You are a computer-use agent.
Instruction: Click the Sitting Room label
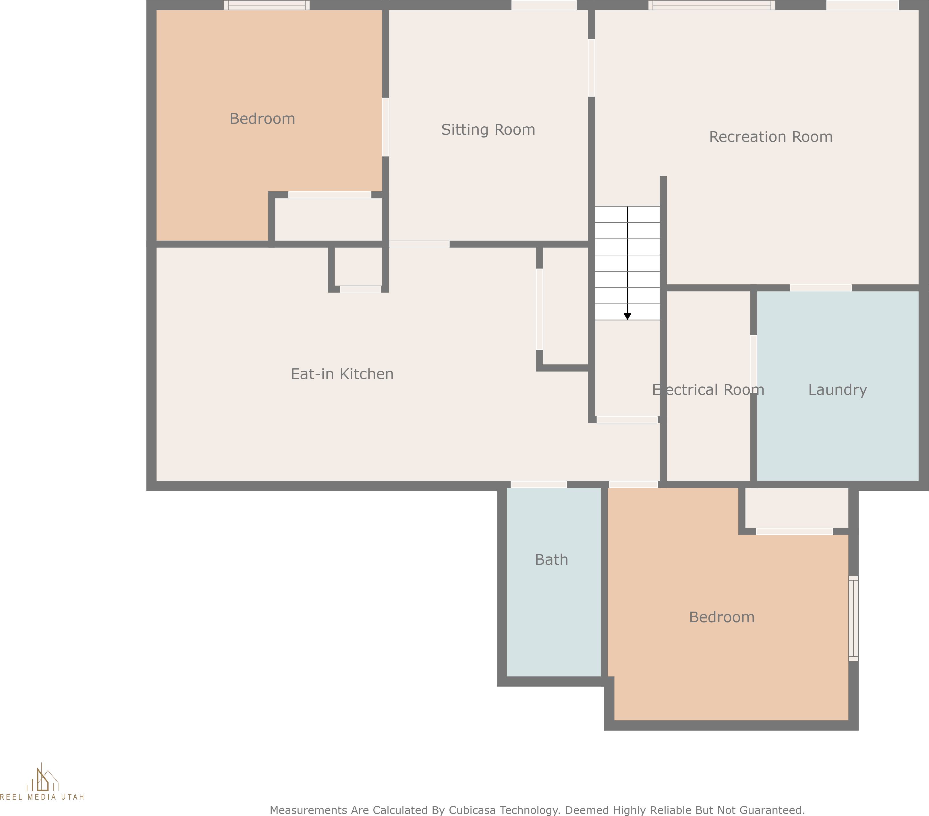[488, 130]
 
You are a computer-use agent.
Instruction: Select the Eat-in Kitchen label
[342, 374]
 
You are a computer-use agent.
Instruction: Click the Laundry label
[837, 390]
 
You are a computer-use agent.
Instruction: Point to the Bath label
[551, 560]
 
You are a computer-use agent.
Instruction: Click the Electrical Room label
[708, 390]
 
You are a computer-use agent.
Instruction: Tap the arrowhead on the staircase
[627, 317]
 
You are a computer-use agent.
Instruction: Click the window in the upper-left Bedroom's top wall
[267, 5]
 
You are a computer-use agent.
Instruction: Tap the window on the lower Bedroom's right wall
[853, 619]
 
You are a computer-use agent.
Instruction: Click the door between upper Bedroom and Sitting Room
[385, 127]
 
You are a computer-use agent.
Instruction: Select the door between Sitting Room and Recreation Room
[591, 68]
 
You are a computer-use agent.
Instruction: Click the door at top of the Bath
[538, 484]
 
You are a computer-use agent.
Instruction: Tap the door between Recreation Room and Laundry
[820, 288]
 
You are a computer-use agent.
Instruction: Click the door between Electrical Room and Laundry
[754, 364]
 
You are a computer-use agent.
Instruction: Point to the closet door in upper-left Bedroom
[330, 195]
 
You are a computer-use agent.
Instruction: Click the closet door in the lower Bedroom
[795, 531]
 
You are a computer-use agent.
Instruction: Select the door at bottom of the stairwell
[627, 420]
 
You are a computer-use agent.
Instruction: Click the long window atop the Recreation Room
[712, 5]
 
